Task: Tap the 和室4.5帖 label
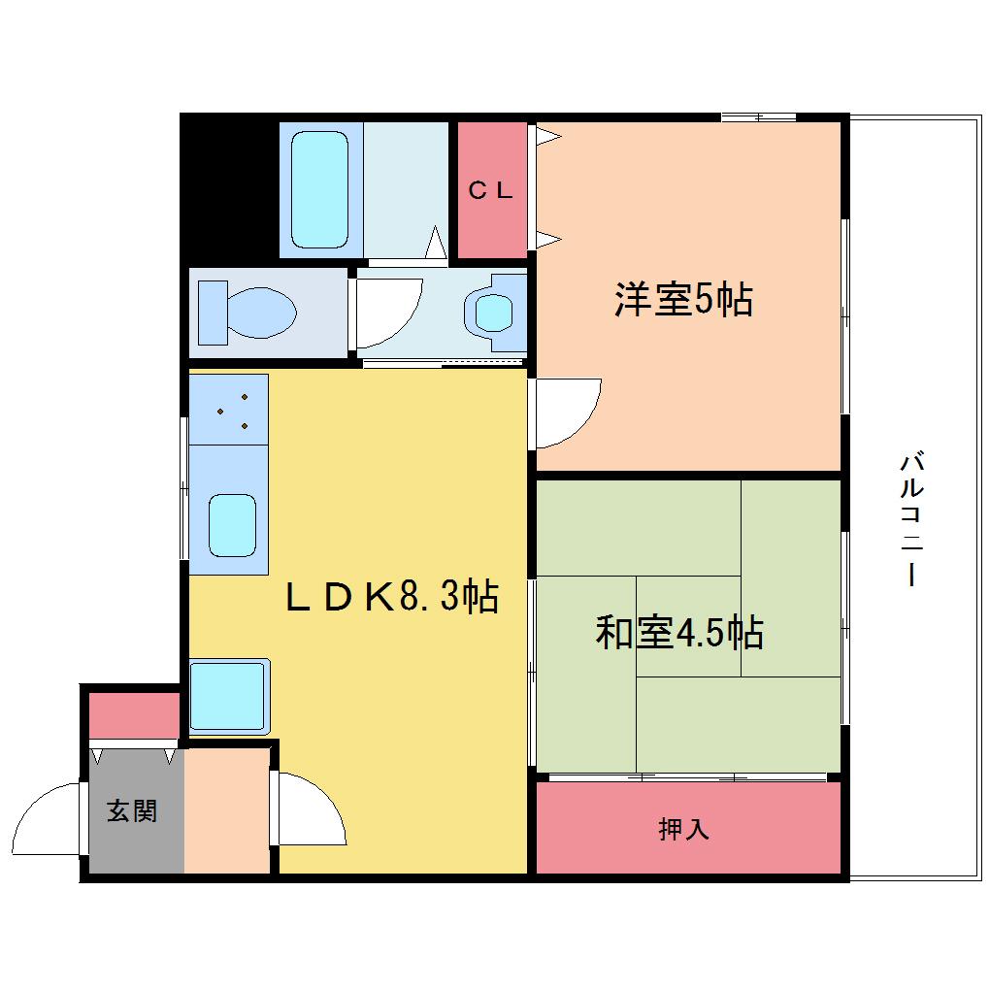(x=680, y=632)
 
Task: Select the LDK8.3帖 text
(x=392, y=596)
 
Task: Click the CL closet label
(x=490, y=190)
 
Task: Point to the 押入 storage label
(x=684, y=828)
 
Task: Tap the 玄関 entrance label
(x=131, y=810)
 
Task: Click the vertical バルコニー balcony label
(x=911, y=517)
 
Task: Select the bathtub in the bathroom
(x=320, y=189)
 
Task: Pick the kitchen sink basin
(x=232, y=525)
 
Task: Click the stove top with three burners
(x=228, y=410)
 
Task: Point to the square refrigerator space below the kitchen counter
(x=229, y=697)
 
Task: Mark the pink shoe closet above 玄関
(x=135, y=715)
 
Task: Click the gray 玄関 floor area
(x=137, y=810)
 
